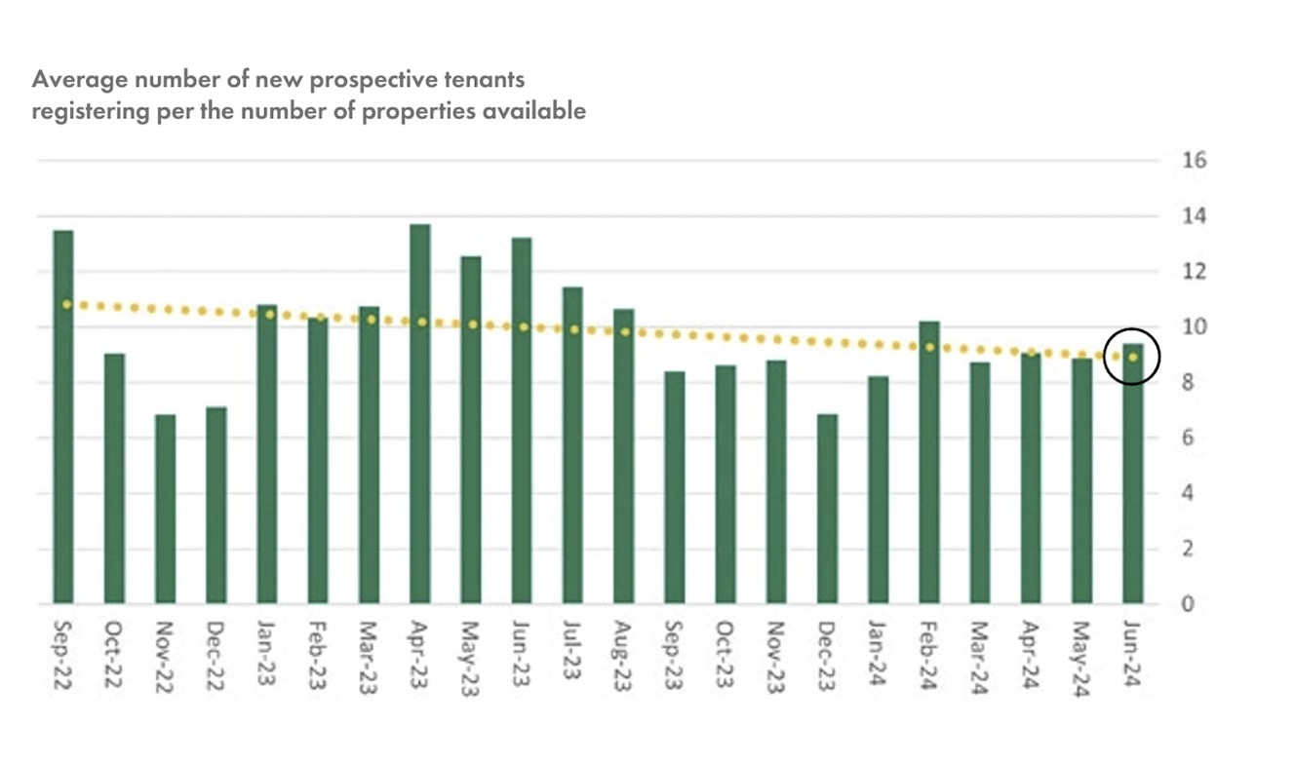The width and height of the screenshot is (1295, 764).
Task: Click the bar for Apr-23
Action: tap(420, 414)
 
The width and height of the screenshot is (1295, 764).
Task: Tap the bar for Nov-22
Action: tap(165, 509)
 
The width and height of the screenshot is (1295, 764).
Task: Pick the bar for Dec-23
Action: tap(827, 509)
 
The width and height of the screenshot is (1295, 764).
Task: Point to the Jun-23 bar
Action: tap(522, 420)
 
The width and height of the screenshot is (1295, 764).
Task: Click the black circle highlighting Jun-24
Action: tap(1133, 356)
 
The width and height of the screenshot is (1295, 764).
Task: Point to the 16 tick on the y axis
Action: tap(1194, 160)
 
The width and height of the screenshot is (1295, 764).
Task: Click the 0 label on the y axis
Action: tap(1188, 604)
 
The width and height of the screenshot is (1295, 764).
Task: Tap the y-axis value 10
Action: tap(1194, 326)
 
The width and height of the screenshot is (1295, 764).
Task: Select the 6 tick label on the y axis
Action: tap(1188, 438)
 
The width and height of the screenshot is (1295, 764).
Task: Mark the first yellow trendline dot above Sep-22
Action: tap(66, 305)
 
